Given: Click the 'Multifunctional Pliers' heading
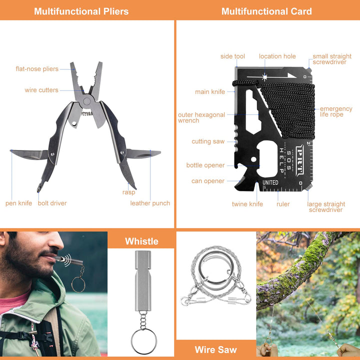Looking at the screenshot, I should [x=81, y=11].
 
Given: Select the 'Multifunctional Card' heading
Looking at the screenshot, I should [x=266, y=11].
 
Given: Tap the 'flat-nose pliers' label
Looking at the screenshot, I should [x=37, y=69].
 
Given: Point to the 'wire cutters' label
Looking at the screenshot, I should [x=41, y=90].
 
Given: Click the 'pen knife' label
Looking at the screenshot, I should [x=18, y=203].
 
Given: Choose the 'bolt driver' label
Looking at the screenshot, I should [x=52, y=203].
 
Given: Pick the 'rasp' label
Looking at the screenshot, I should [x=128, y=192].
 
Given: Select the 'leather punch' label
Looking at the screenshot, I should [x=150, y=203].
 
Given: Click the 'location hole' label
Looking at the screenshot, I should [x=277, y=56].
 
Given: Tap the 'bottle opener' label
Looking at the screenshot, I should [x=205, y=165].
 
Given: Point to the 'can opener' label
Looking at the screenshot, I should [x=208, y=181].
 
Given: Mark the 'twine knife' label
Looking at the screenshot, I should [x=247, y=204].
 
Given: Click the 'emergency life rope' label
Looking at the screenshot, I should [x=336, y=111].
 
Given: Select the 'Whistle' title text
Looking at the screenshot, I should [x=141, y=241].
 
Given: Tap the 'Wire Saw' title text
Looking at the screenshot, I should [x=216, y=349].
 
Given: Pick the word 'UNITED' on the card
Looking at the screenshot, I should [x=270, y=183].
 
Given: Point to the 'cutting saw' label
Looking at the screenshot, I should [x=208, y=141].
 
